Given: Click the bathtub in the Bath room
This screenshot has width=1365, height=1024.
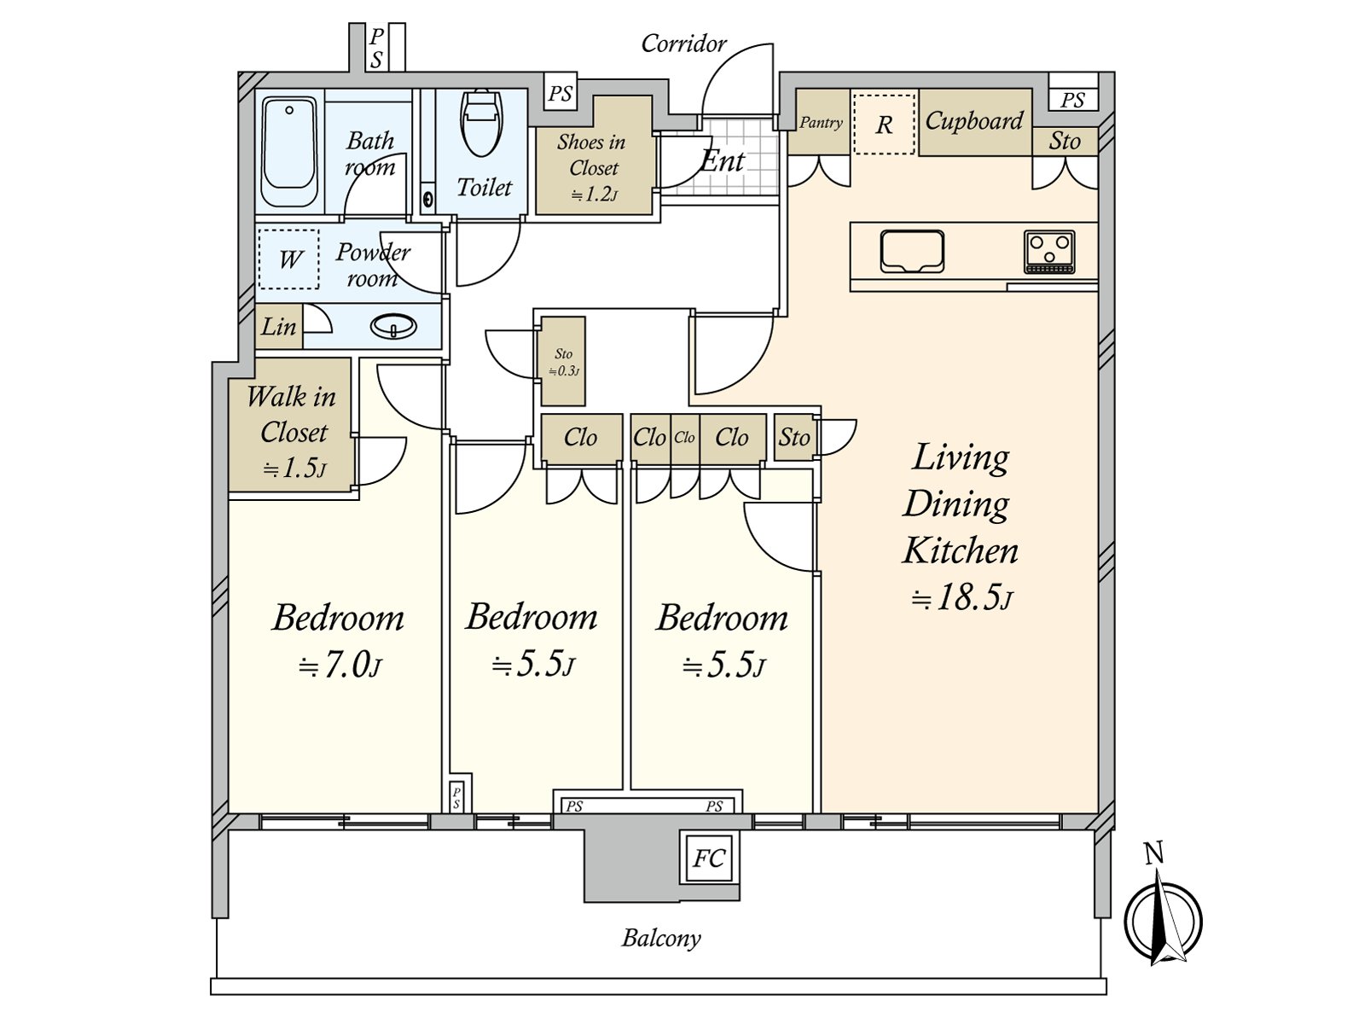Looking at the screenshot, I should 289,152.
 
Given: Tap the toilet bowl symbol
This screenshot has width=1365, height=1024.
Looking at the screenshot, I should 482,124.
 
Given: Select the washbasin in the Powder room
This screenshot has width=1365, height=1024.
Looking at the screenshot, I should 393,326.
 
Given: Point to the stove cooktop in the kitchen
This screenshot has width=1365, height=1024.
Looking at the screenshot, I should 1049,251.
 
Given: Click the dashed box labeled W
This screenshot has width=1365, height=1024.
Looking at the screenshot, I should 289,259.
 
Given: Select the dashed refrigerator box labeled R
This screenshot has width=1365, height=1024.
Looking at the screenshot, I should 885,125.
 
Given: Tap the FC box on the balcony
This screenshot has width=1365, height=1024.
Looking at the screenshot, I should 709,858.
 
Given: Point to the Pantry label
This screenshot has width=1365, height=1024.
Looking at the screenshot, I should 821,123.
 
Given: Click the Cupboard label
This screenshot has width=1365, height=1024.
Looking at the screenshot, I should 973,121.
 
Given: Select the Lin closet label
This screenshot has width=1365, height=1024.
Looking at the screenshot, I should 278,327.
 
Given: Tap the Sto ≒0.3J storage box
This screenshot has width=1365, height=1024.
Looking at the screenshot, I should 563,361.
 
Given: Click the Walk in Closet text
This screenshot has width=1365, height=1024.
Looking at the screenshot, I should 292,414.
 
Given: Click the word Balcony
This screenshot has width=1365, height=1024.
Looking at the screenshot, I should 661,939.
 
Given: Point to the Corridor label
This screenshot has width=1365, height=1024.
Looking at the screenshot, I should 683,44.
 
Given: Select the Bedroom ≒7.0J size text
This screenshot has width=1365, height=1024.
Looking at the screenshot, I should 339,665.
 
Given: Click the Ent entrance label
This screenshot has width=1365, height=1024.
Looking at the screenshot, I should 723,160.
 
